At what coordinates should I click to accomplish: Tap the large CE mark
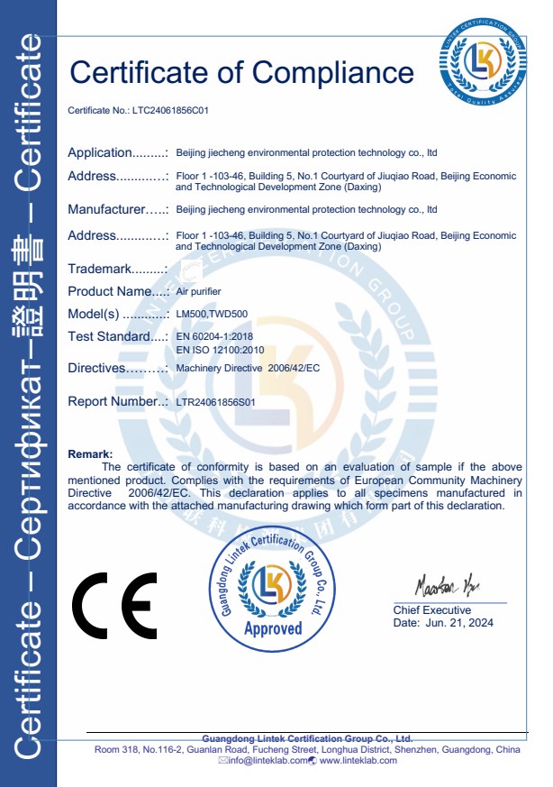[x=114, y=605]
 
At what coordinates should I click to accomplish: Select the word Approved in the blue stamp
[x=273, y=628]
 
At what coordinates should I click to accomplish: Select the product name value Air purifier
[x=198, y=292]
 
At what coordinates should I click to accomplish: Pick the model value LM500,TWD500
[x=212, y=315]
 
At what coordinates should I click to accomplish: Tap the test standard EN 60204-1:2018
[x=215, y=336]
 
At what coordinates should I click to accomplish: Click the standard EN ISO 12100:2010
[x=219, y=348]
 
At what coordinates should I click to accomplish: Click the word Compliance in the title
[x=333, y=71]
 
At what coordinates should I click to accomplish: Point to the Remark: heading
[x=90, y=454]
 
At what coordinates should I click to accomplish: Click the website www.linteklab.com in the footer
[x=358, y=761]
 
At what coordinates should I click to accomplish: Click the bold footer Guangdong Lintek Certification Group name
[x=307, y=737]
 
